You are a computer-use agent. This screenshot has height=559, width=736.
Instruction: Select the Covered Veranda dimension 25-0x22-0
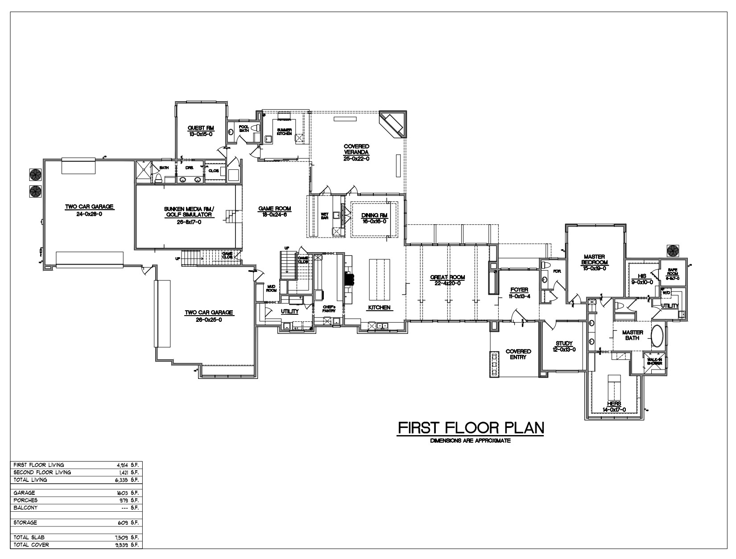point(356,158)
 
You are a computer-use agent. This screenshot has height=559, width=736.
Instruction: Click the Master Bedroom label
point(594,259)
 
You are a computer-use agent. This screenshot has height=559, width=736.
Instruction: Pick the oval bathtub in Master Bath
point(657,336)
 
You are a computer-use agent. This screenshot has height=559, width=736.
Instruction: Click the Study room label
point(564,343)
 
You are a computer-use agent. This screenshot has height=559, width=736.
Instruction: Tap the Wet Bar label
point(325,216)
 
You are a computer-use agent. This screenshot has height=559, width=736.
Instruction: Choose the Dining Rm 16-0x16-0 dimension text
point(374,221)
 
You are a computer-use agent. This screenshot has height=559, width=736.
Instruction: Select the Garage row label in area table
point(25,493)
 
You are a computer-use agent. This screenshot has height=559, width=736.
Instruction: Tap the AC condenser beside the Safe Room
point(674,251)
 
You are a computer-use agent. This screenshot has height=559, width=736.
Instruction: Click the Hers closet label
point(614,404)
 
